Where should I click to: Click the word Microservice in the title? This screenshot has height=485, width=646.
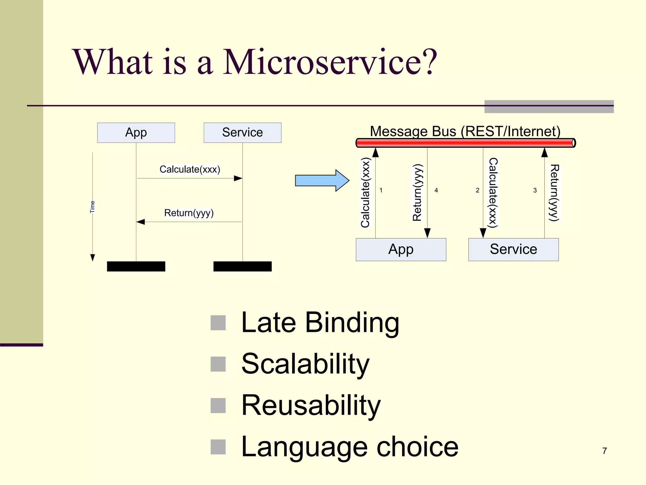tap(330, 62)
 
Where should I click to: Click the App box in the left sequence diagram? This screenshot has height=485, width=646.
tap(136, 133)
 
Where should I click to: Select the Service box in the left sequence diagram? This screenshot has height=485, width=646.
tap(242, 133)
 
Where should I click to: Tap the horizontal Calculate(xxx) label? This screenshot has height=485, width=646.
tap(190, 170)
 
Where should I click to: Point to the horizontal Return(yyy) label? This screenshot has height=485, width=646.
tap(189, 213)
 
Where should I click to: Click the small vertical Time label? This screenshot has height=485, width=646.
tap(92, 207)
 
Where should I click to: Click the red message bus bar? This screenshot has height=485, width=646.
tap(465, 143)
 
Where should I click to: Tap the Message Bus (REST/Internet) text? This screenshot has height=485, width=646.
tap(465, 131)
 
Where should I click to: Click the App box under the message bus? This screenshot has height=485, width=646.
tap(401, 249)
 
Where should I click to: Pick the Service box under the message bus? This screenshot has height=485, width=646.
tap(513, 249)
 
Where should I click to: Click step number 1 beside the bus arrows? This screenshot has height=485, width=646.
tap(381, 190)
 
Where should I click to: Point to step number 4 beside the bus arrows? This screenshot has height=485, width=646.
tap(436, 190)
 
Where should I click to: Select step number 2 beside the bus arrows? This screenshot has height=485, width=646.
tap(477, 190)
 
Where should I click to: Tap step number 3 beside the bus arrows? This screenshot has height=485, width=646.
tap(535, 190)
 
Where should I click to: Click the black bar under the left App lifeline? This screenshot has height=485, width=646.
tap(136, 266)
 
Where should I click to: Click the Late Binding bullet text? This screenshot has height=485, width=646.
tap(320, 322)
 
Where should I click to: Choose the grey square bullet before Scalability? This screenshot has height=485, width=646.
tap(218, 364)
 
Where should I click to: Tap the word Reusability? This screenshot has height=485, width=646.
tap(311, 405)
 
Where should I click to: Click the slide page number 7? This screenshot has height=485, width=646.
tap(604, 451)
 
